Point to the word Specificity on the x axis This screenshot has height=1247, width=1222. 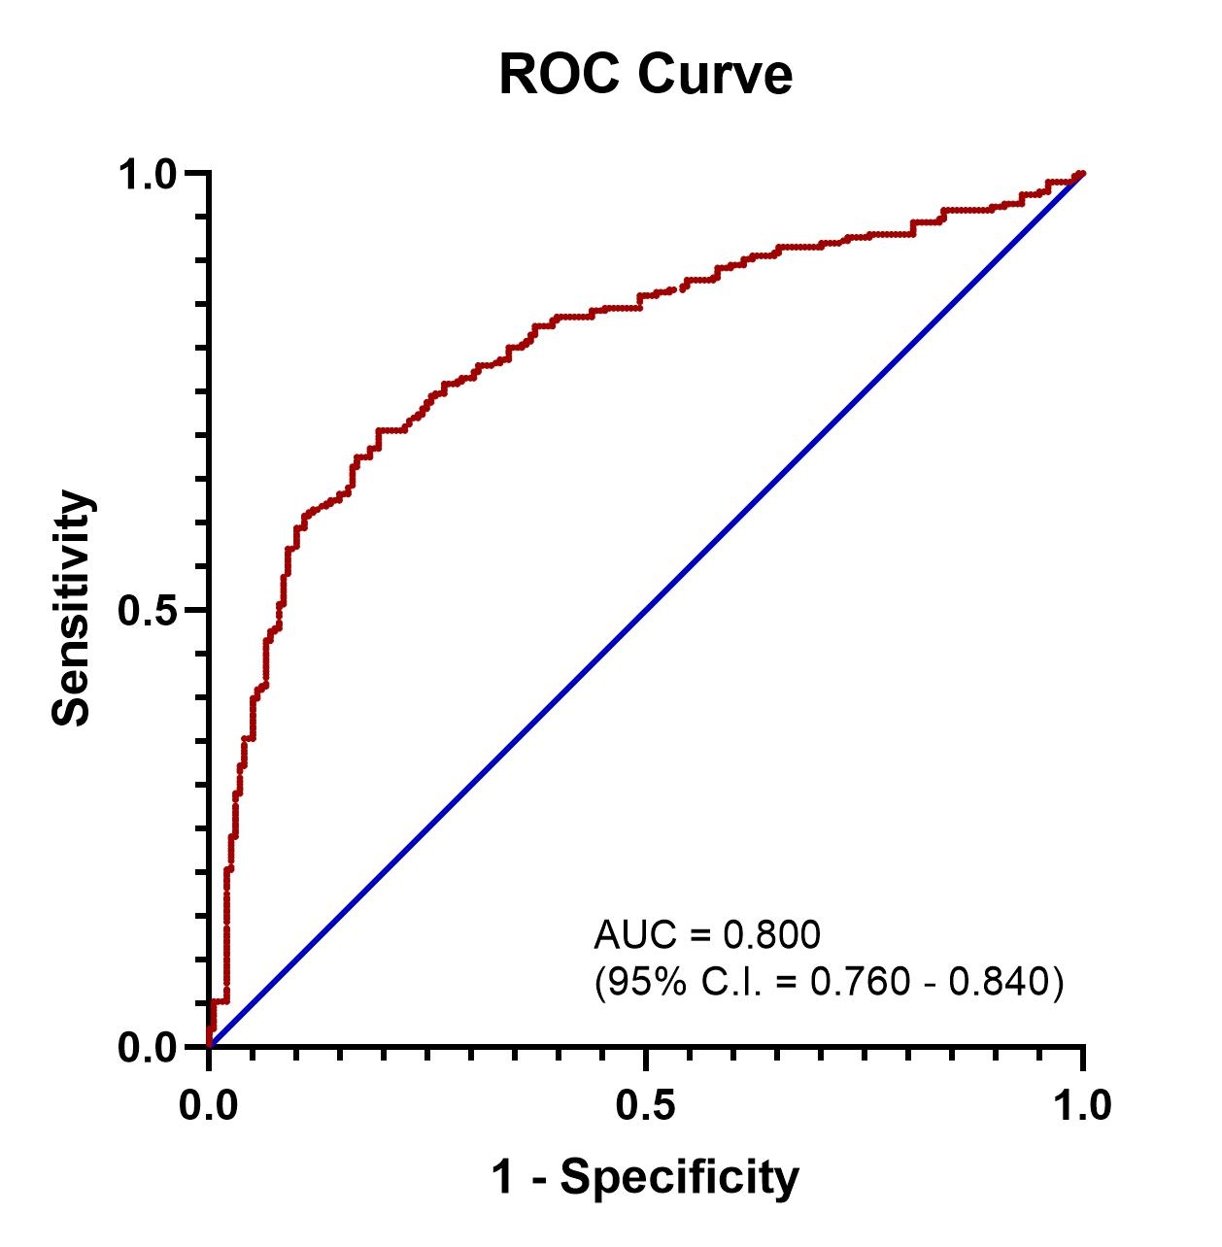[679, 1177]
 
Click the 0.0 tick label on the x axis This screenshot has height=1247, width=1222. [209, 1106]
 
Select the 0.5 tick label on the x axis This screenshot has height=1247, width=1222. [646, 1106]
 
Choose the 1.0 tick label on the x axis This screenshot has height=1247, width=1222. [1082, 1106]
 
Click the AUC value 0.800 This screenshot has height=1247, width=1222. [772, 935]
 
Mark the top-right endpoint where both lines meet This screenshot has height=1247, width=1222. [1082, 174]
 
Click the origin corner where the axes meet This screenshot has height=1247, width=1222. [209, 1047]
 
